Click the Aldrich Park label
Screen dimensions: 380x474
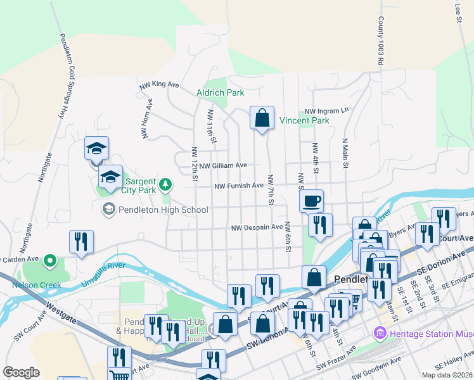pos(220,92)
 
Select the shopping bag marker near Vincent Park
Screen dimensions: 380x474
pos(262,118)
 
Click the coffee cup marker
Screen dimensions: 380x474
pos(311,201)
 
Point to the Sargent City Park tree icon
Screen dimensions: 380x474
pos(165,184)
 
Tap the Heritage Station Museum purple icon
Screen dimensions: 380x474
pos(380,332)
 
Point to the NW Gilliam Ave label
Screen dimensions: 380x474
pos(222,165)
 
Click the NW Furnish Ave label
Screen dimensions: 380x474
pos(238,186)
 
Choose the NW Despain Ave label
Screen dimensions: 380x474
pos(257,227)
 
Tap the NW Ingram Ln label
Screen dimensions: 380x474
pos(326,110)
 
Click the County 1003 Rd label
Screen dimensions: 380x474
pos(381,42)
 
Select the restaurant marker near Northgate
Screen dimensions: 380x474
pos(81,241)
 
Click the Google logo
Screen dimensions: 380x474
pos(22,372)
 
